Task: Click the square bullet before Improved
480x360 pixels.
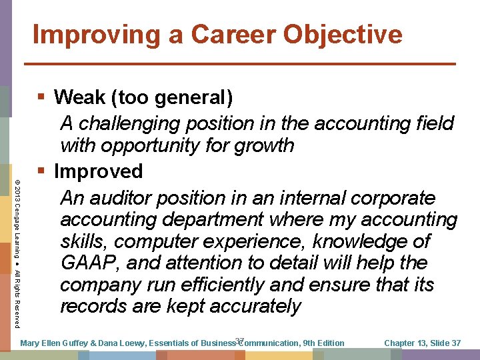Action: click(x=41, y=171)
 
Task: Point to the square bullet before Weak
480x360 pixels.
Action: click(x=41, y=97)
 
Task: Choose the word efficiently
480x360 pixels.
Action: click(x=229, y=285)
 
